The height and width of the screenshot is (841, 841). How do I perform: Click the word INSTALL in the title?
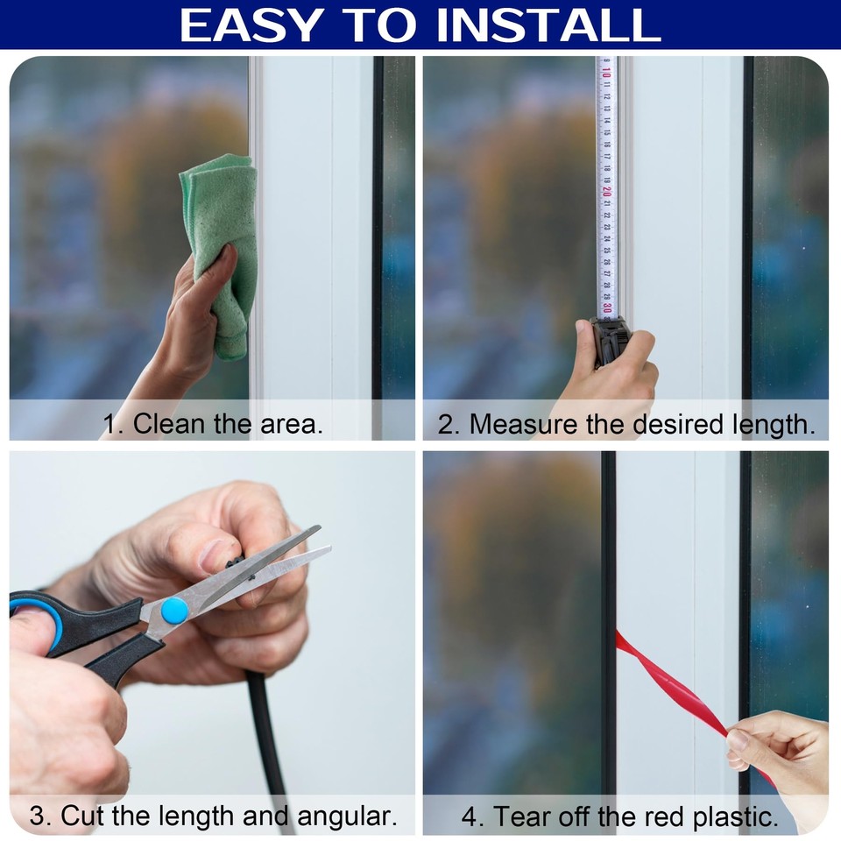click(548, 25)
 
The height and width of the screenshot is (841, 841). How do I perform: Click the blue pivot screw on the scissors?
click(174, 611)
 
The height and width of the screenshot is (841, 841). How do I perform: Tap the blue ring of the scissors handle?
click(35, 613)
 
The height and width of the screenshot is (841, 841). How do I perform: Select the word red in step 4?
click(668, 816)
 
